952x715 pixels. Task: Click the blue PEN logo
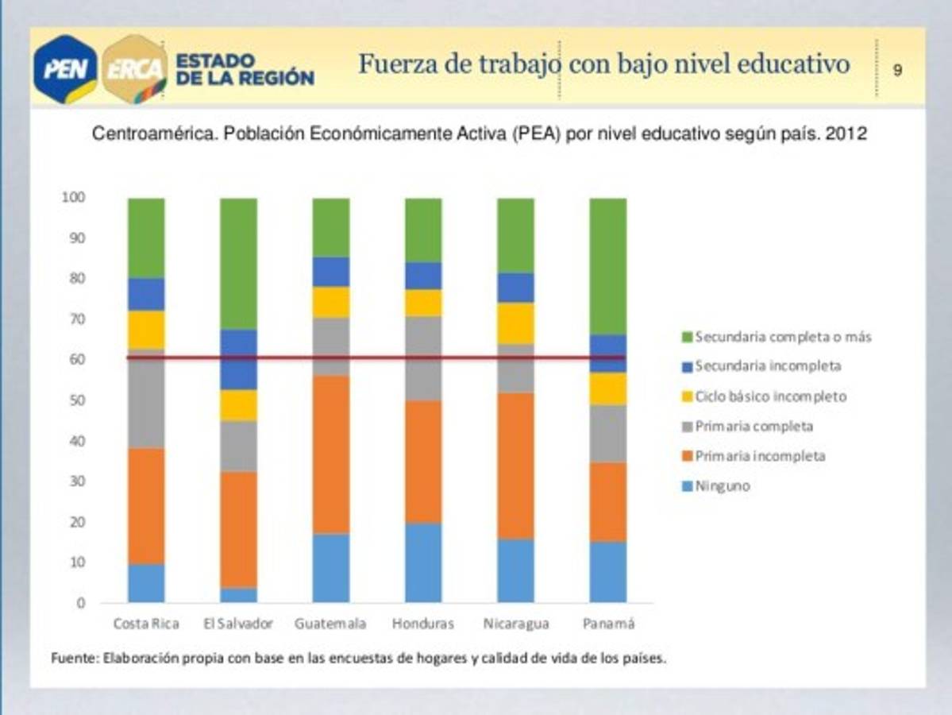pyautogui.click(x=65, y=69)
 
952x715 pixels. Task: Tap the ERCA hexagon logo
pyautogui.click(x=136, y=69)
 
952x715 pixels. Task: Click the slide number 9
pyautogui.click(x=897, y=70)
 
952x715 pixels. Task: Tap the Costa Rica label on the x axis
pyautogui.click(x=146, y=624)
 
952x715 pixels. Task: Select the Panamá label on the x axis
pyautogui.click(x=608, y=624)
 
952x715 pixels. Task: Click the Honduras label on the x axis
pyautogui.click(x=423, y=624)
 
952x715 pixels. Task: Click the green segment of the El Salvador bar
pyautogui.click(x=238, y=263)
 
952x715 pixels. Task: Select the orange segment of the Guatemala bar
pyautogui.click(x=330, y=454)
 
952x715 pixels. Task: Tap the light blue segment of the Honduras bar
pyautogui.click(x=423, y=562)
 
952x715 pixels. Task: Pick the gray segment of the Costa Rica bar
pyautogui.click(x=146, y=398)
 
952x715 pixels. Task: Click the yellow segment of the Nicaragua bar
pyautogui.click(x=515, y=323)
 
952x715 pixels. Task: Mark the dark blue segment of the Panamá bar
pyautogui.click(x=608, y=353)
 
